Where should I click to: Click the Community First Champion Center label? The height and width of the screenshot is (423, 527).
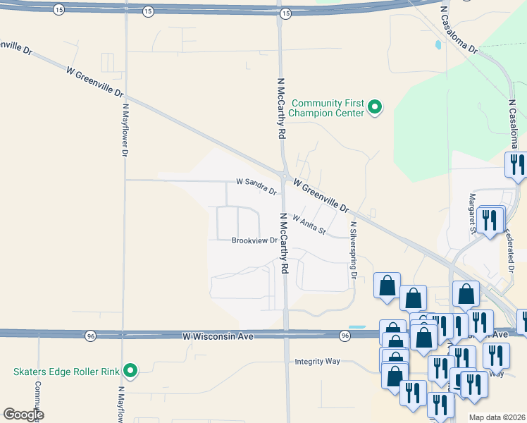[x=328, y=108]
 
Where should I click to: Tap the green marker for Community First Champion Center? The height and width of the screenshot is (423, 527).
[x=376, y=108]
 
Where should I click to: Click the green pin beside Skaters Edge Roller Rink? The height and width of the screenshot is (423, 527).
[x=130, y=370]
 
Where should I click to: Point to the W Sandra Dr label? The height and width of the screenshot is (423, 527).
[x=256, y=182]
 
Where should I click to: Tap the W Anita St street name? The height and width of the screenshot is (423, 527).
[x=309, y=225]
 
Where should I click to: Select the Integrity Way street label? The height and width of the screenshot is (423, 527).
[x=317, y=361]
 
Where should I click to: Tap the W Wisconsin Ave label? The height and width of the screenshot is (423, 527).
[x=217, y=336]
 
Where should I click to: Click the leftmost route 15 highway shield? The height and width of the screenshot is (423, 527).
[x=57, y=11]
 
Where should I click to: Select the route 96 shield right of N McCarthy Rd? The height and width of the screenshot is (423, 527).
[x=344, y=335]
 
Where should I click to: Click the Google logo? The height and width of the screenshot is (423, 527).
[x=23, y=415]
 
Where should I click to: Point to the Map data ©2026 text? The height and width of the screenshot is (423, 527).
[x=497, y=417]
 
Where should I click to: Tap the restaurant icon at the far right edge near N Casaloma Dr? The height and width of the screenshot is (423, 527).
[x=516, y=165]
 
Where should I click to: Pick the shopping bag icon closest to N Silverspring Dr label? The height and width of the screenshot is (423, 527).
[x=387, y=286]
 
